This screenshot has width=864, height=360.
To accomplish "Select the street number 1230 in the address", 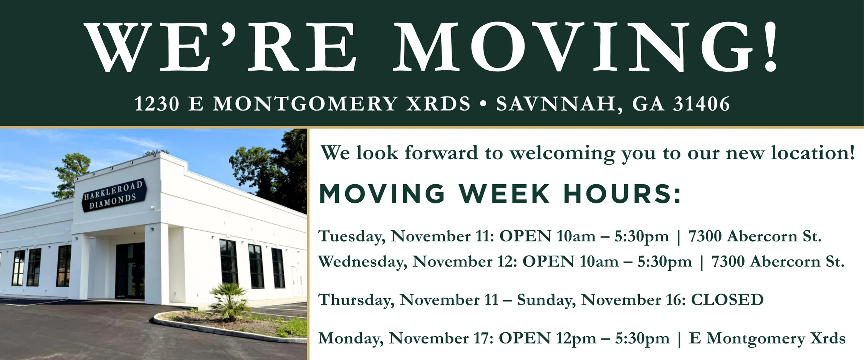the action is click(x=157, y=104).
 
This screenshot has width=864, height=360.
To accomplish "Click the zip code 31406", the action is click(x=701, y=104).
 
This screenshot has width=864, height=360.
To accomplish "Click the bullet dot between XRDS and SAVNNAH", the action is click(x=483, y=104).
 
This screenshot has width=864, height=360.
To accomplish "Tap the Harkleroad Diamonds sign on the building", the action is click(x=114, y=195).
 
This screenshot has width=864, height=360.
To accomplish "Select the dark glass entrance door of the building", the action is click(x=130, y=271).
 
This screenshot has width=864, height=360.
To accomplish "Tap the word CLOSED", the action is click(x=727, y=300).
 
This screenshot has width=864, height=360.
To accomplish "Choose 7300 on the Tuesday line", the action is click(x=705, y=236).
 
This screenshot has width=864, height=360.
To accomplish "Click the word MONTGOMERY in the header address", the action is click(x=305, y=104).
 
